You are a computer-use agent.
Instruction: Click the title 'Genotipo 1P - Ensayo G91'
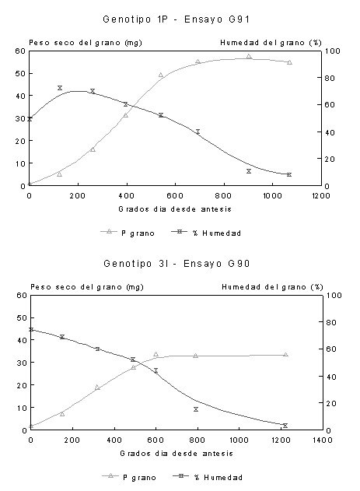pos(176,19)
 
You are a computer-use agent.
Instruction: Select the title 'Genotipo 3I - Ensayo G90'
pos(177,264)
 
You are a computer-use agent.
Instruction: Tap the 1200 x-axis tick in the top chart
pos(321,196)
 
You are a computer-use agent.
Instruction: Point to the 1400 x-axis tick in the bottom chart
pos(323,440)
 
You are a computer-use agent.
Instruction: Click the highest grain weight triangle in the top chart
pos(249,57)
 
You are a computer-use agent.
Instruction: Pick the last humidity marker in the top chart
pos(289,174)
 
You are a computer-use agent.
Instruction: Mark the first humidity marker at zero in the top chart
pos(30,119)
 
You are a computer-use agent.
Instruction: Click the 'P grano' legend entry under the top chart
pos(128,233)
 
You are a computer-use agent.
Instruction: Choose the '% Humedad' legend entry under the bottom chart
pos(208,477)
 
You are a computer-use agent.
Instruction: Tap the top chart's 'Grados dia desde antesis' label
pos(175,209)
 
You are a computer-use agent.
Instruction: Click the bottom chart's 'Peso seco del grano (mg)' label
pos(87,287)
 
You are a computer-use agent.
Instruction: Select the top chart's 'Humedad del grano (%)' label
pos(271,43)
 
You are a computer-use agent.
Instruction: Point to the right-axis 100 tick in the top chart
pos(333,51)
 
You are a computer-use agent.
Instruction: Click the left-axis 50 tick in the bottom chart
pos(22,317)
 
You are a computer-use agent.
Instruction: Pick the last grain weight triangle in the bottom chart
pos(285,355)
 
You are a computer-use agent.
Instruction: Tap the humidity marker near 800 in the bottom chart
pos(196,409)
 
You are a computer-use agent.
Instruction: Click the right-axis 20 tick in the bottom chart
pos(331,403)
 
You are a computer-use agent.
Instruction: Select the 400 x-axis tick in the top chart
pos(127,196)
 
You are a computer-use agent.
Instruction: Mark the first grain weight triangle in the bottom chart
pos(31,426)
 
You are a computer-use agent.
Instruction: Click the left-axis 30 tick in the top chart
pos(20,118)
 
